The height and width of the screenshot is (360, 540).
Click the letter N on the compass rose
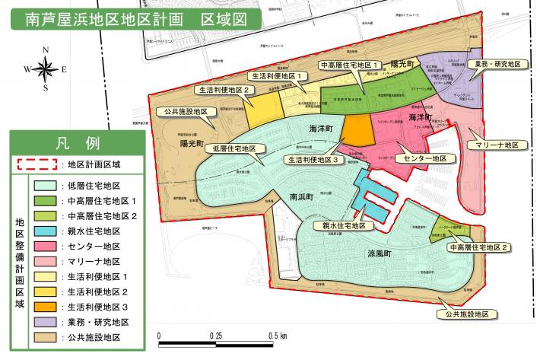tap(46, 51)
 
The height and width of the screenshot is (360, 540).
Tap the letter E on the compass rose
tap(65, 70)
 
